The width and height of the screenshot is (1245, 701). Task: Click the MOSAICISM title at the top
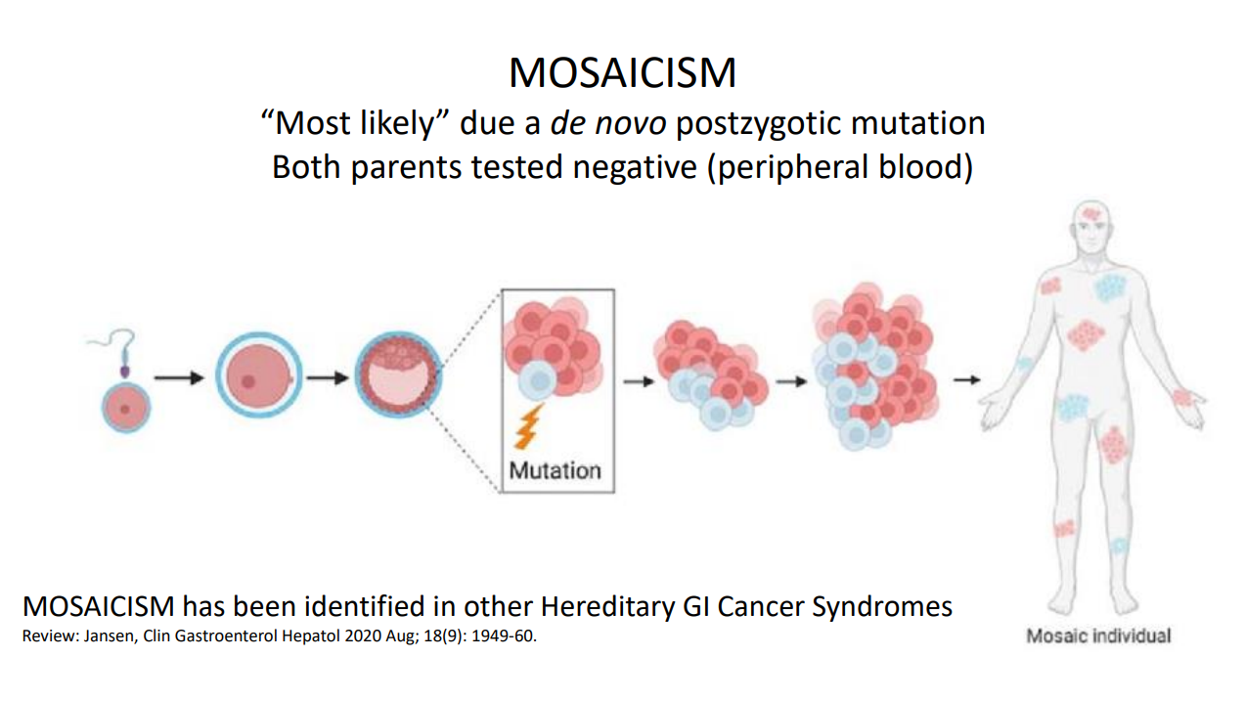click(x=622, y=72)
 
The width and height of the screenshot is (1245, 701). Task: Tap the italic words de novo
click(x=608, y=123)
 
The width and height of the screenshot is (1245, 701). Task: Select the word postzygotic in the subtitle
click(x=758, y=123)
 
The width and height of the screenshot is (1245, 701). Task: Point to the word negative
click(x=635, y=167)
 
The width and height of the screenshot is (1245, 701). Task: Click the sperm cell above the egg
click(x=120, y=351)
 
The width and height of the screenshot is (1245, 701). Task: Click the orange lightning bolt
click(x=527, y=426)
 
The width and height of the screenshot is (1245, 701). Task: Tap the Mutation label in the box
click(x=556, y=471)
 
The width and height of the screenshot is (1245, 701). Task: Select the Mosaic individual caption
click(x=1098, y=635)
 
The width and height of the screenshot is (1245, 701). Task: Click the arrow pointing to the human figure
click(x=966, y=380)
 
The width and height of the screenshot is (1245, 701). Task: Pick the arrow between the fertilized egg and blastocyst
click(x=328, y=378)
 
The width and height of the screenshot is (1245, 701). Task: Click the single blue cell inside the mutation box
click(x=539, y=381)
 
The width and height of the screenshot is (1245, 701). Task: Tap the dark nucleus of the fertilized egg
click(x=248, y=381)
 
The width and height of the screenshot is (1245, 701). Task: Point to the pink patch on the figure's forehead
click(x=1091, y=213)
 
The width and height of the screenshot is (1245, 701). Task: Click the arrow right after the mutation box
click(x=640, y=381)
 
